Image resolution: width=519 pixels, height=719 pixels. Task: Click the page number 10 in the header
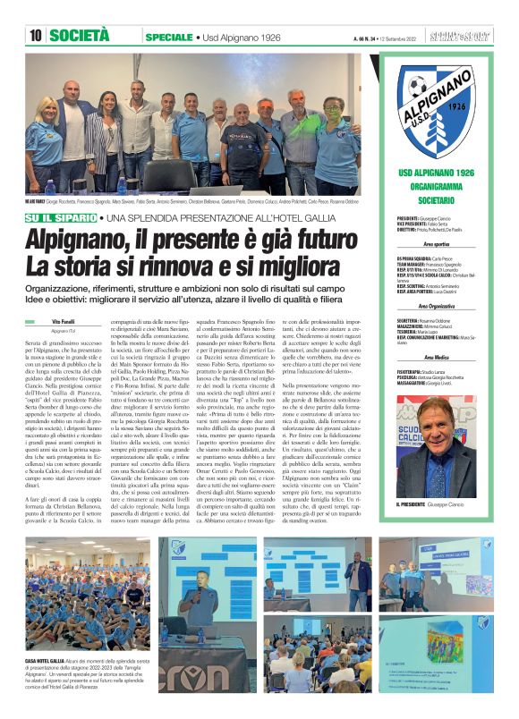[36, 36]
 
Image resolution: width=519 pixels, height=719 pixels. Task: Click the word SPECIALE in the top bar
[167, 37]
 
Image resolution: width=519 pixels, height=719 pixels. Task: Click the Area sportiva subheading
[444, 243]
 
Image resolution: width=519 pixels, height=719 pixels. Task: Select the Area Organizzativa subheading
[444, 306]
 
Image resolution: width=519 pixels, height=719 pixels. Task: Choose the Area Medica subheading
[444, 357]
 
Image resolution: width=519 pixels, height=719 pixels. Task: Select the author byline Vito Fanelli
[63, 319]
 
